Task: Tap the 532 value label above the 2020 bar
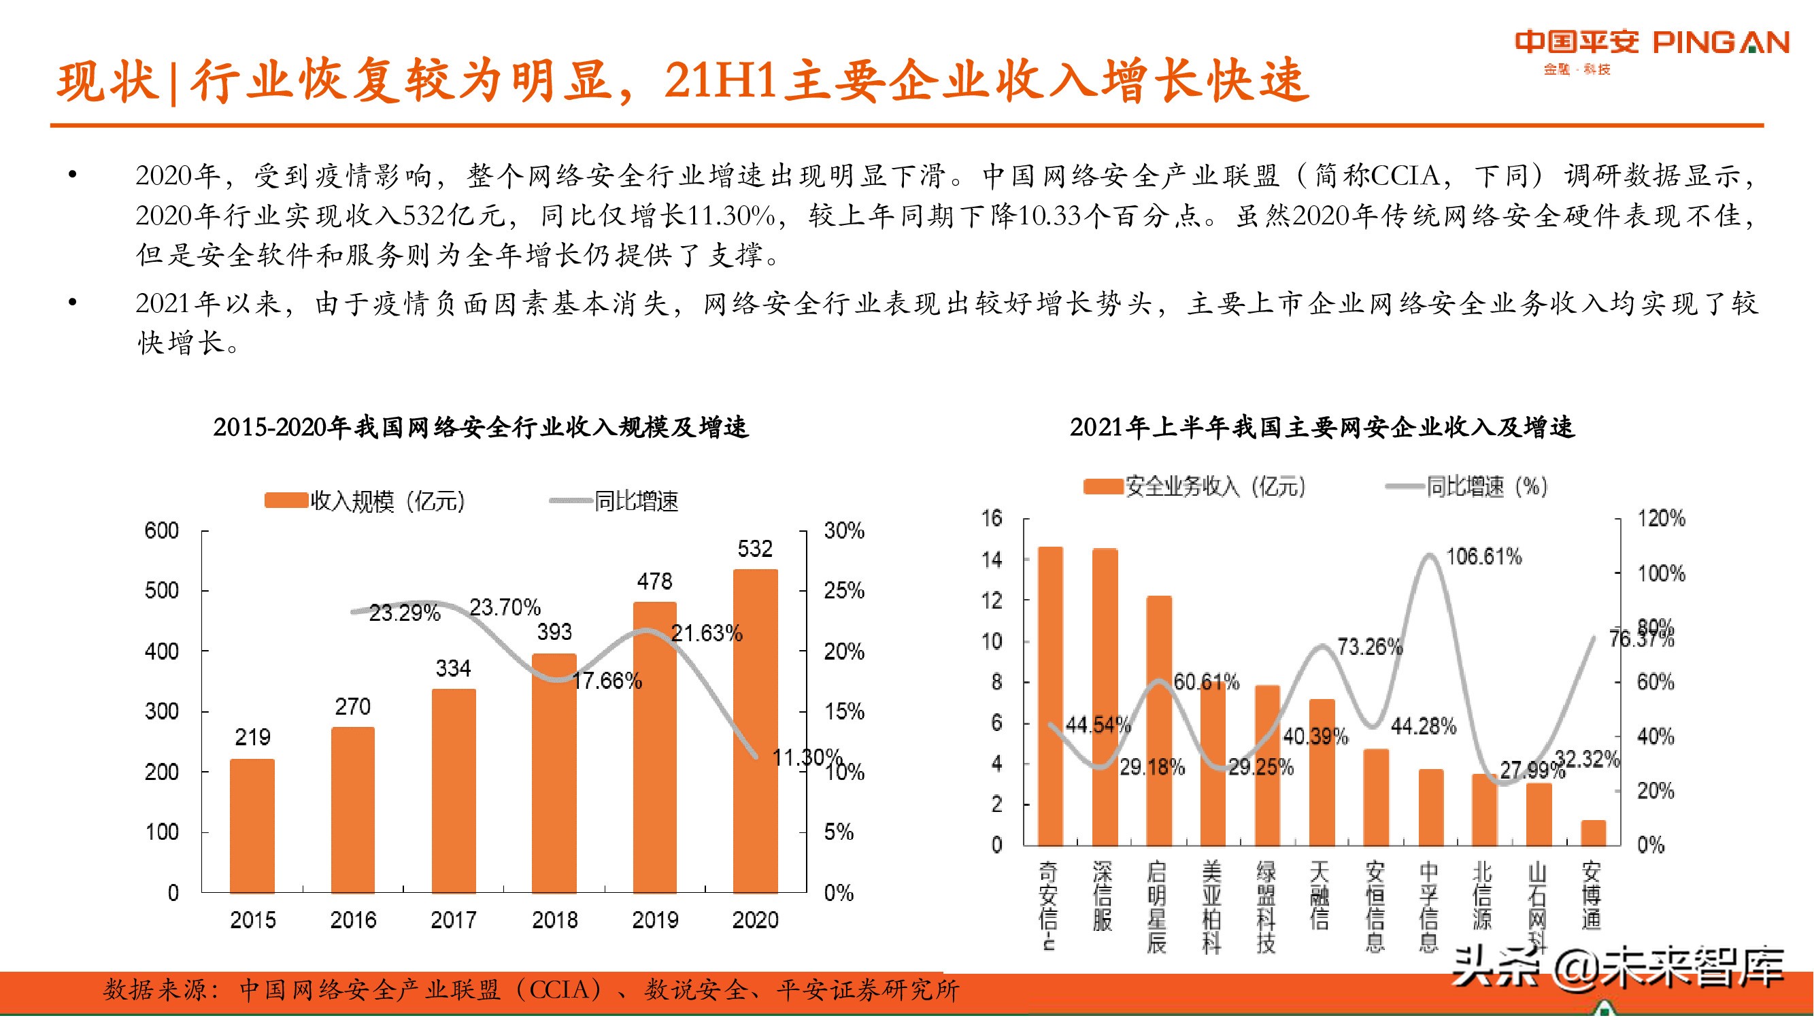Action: click(754, 548)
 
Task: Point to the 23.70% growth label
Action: click(505, 607)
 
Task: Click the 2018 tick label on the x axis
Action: click(554, 919)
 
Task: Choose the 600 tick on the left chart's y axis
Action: click(161, 530)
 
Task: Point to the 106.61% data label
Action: click(1483, 557)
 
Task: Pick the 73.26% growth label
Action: click(1370, 646)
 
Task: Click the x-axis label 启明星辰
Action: click(1156, 906)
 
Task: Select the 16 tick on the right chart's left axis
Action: click(992, 518)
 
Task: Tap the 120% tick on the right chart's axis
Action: click(1661, 518)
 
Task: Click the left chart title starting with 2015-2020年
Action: click(481, 426)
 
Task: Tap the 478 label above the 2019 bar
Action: click(654, 581)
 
